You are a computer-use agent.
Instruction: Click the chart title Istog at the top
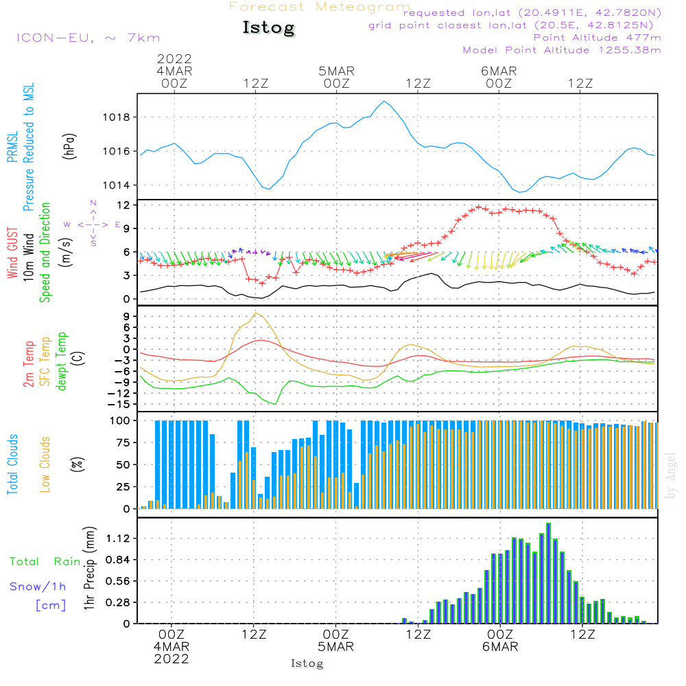point(268,28)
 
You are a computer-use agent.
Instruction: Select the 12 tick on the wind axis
point(123,205)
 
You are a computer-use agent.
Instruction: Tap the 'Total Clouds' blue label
point(12,464)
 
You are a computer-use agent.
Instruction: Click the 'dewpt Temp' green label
point(62,361)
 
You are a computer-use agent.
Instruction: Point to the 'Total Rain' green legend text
point(45,562)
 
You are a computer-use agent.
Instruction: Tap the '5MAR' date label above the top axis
point(336,71)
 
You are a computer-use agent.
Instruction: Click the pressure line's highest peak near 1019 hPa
point(384,102)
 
